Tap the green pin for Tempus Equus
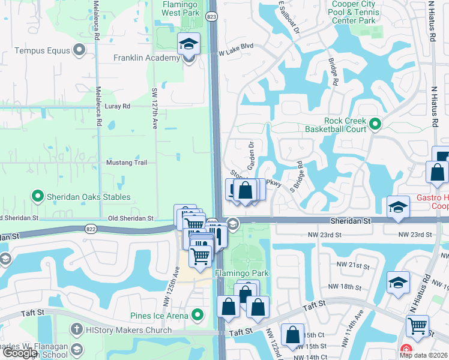point(79,52)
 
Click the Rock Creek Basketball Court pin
point(376,125)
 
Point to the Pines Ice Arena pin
point(197,314)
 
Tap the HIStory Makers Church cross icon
point(76,329)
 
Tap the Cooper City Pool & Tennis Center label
point(354,12)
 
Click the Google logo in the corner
point(20,353)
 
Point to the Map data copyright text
point(423,355)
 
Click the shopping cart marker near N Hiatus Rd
point(417,327)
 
